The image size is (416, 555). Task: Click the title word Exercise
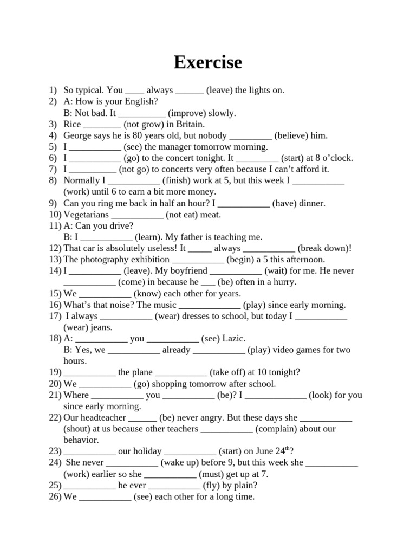[208, 63]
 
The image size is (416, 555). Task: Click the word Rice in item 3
[72, 124]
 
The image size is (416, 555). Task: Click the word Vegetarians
[86, 215]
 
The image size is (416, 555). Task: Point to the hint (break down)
[324, 248]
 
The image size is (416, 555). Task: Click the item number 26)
[55, 496]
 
